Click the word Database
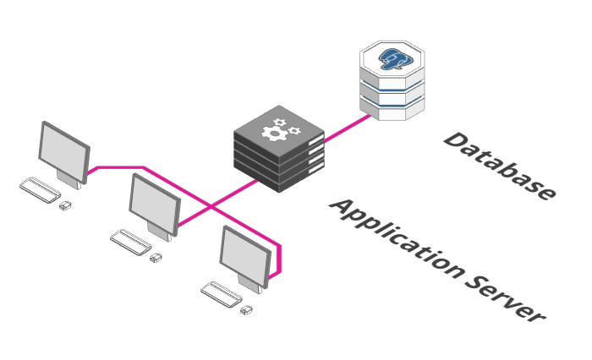pos(499,166)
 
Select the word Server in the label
pos(505,300)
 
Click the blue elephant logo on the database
pos(392,59)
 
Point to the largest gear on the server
pos(275,134)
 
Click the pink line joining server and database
pos(348,128)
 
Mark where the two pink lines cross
pos(211,206)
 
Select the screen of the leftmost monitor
pos(63,152)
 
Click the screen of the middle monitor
pos(154,205)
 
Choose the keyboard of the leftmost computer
pos(40,190)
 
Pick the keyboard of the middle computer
pos(130,243)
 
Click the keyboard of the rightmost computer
pos(222,294)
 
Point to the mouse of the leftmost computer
pos(65,205)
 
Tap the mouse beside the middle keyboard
pos(156,258)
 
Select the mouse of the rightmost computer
pos(247,310)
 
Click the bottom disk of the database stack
pos(392,109)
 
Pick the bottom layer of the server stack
pos(279,177)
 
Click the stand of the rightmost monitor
pos(250,284)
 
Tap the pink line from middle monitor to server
pos(218,203)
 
